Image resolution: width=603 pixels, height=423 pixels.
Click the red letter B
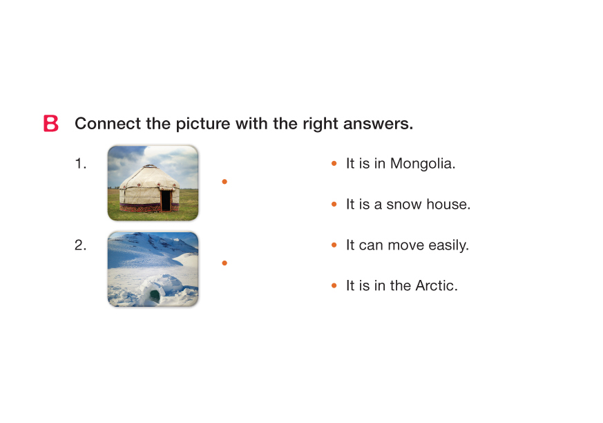[50, 123]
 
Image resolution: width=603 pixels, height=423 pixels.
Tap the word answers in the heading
[378, 124]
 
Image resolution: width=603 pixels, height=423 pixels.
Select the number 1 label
[80, 164]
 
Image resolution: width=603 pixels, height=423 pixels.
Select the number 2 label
[80, 245]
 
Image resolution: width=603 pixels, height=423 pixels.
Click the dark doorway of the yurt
[166, 200]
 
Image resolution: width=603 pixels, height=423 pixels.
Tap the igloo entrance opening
[155, 296]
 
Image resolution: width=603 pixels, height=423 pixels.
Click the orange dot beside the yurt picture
[224, 182]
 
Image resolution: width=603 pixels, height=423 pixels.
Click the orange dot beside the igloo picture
[224, 263]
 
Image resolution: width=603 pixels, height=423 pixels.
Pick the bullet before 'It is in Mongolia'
[334, 164]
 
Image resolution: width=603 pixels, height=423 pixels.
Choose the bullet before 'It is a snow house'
[334, 204]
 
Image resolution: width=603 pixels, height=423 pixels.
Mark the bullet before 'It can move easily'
[334, 245]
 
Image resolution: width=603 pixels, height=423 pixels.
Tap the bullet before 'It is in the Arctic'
[334, 285]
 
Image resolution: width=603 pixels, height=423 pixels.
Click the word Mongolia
[423, 164]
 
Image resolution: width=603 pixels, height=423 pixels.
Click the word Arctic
[437, 285]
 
